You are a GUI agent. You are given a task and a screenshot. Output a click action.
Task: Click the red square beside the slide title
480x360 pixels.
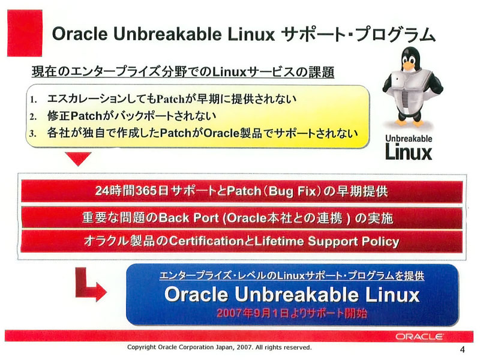25,33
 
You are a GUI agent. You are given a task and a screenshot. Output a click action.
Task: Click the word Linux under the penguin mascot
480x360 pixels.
409,152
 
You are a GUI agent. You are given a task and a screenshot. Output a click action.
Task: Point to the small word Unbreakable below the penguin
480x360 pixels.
409,139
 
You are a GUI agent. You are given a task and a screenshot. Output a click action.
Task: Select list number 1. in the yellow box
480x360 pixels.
34,100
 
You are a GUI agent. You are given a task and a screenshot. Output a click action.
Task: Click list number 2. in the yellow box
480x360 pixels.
34,116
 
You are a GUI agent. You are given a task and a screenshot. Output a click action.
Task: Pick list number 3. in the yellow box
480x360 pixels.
34,133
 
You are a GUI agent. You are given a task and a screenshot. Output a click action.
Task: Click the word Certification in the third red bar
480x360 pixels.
206,241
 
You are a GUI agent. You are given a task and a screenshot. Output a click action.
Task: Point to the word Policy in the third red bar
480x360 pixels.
380,242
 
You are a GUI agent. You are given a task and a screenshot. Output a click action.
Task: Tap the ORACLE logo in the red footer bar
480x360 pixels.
419,337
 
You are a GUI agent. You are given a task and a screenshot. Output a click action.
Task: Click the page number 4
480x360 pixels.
462,349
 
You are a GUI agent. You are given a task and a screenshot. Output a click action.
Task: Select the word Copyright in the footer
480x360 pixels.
141,347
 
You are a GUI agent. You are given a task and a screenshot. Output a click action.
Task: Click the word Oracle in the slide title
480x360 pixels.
80,34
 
